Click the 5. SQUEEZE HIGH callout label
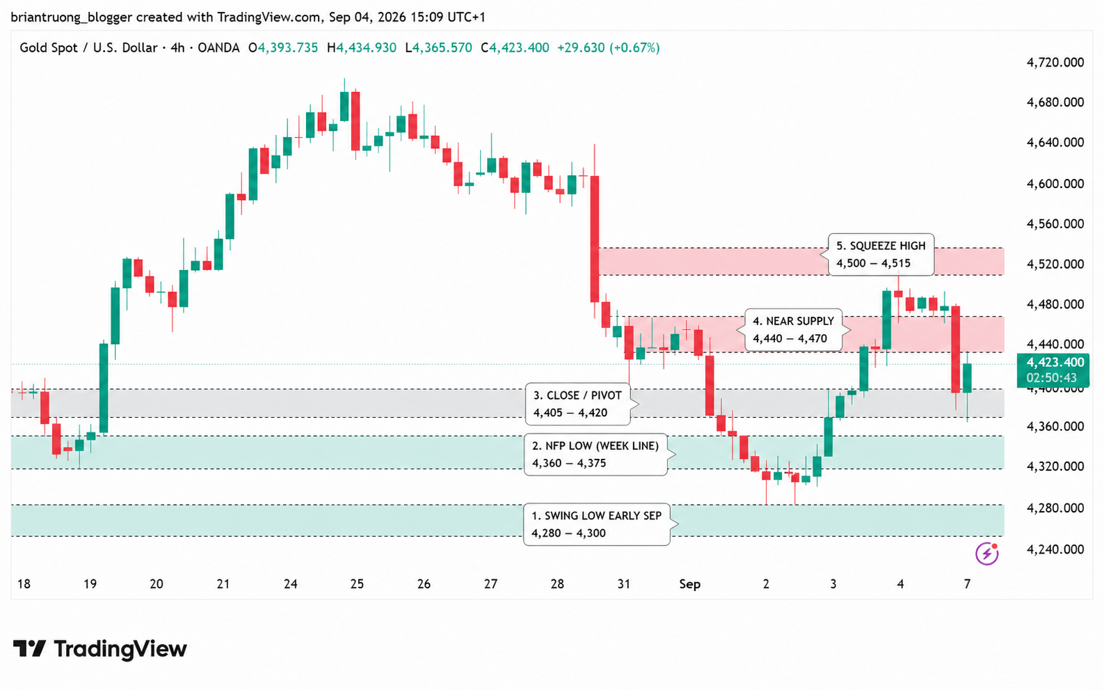click(881, 255)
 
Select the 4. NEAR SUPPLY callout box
click(794, 330)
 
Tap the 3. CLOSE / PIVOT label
click(577, 404)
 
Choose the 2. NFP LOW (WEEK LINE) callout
click(596, 454)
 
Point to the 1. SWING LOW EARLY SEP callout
click(597, 524)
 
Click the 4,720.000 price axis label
click(1055, 63)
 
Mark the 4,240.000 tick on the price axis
click(1055, 549)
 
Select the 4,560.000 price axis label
click(1055, 224)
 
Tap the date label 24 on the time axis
click(290, 584)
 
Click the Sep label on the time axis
click(689, 584)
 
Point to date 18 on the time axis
click(24, 584)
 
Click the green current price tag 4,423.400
click(1053, 370)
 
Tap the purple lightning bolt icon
click(987, 554)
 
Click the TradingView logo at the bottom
click(100, 648)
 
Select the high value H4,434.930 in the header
click(361, 48)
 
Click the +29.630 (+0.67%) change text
click(608, 48)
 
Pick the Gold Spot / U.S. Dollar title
click(88, 48)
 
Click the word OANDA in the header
click(218, 48)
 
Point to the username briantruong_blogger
click(72, 17)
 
